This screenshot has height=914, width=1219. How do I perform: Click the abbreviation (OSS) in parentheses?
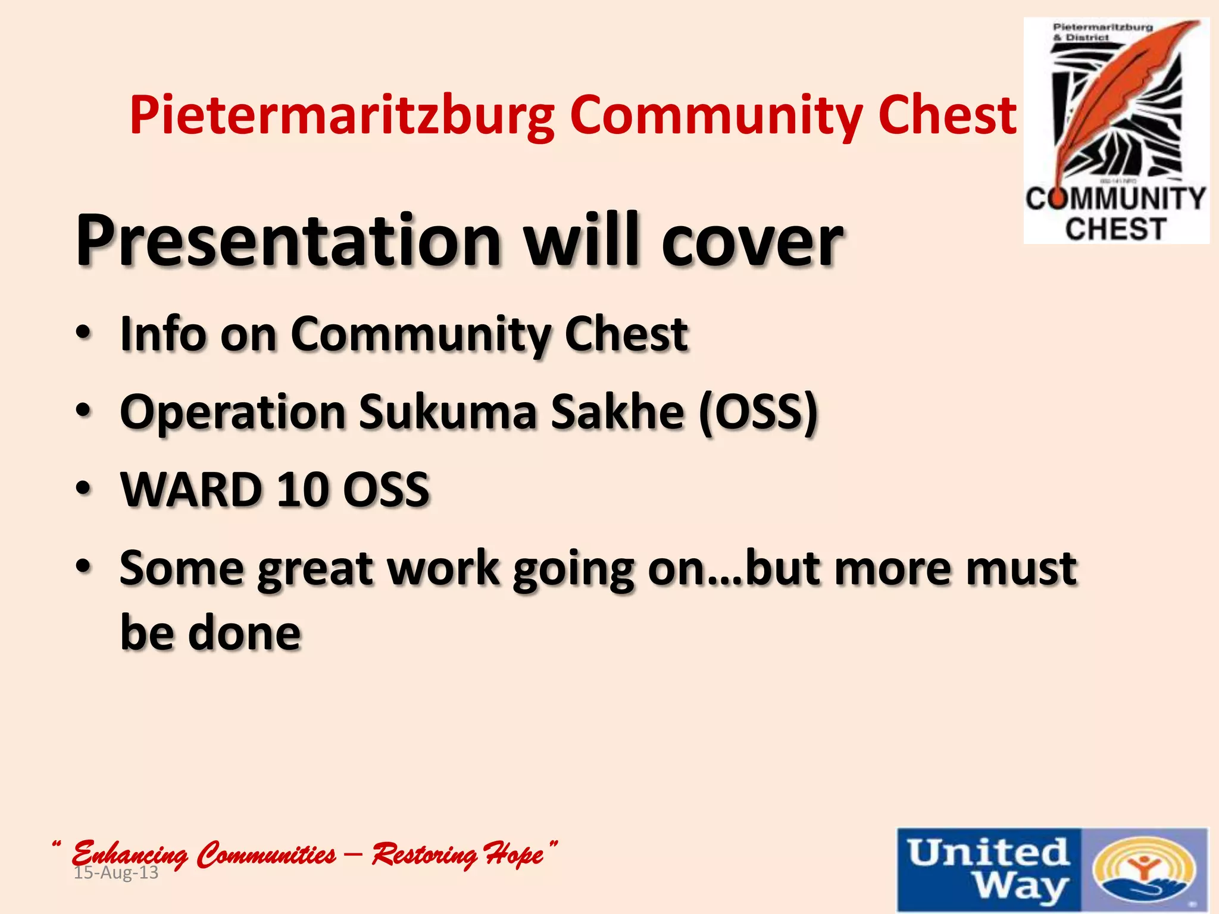coord(758,412)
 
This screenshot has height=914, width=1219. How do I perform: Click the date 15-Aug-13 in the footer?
coord(116,874)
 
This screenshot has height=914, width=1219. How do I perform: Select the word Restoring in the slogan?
coord(423,854)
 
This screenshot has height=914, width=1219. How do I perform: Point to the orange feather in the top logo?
coord(1119,95)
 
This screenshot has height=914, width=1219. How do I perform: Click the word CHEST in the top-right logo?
coord(1115,229)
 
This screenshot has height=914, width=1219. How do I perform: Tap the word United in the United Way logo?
coord(988,852)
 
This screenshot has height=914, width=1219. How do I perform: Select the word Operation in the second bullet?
coord(233,412)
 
